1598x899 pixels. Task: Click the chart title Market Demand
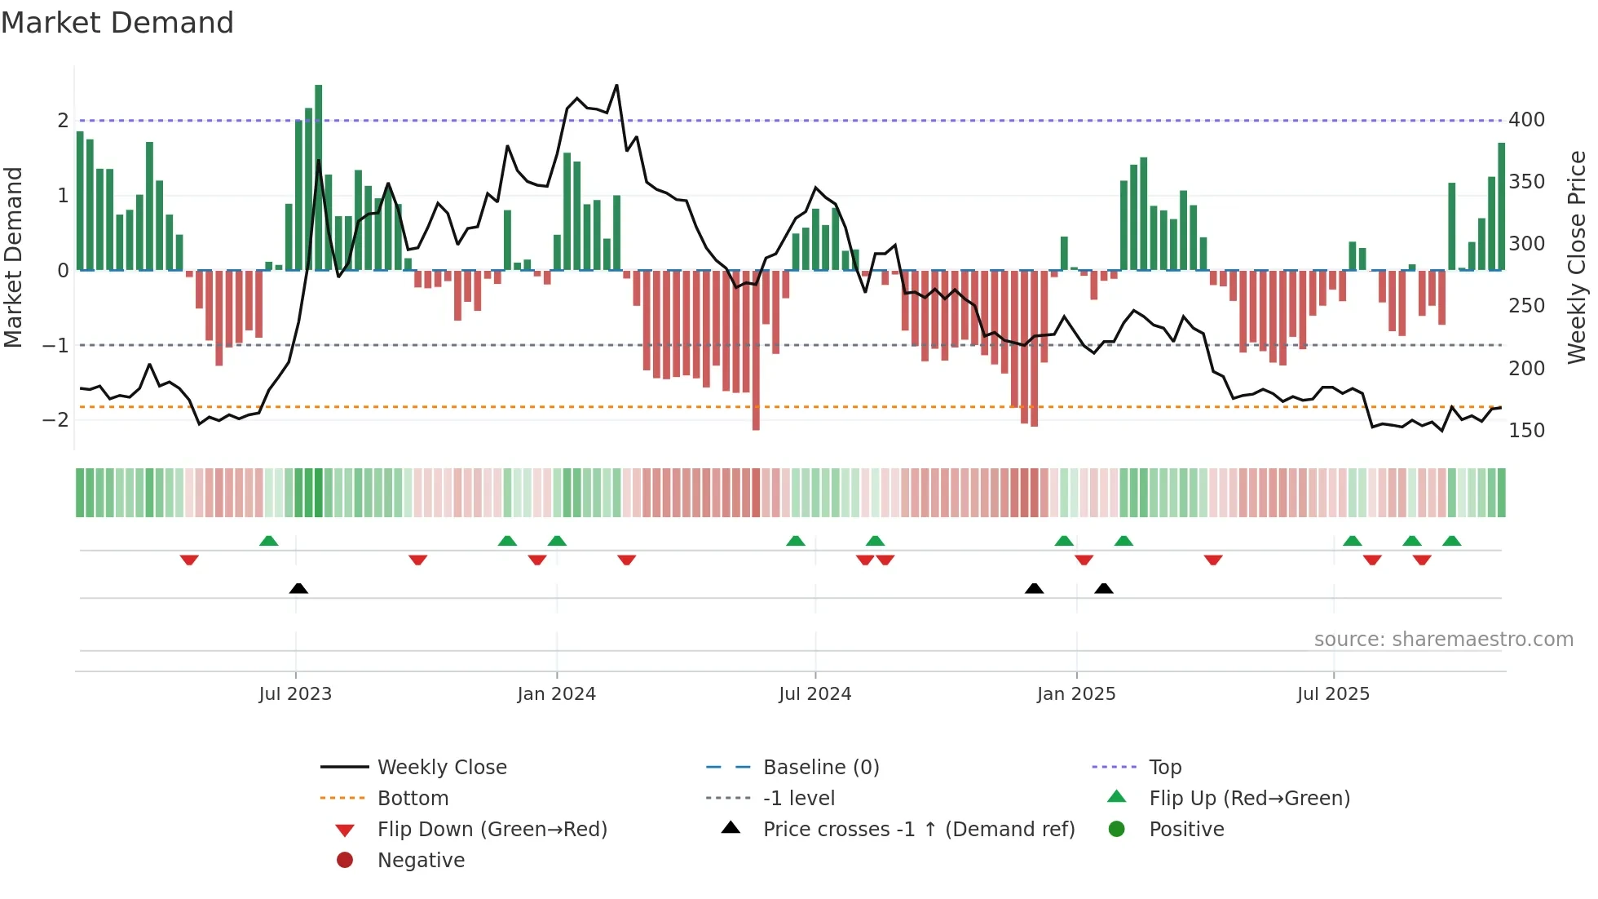pyautogui.click(x=117, y=23)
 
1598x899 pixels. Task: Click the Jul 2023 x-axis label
pyautogui.click(x=295, y=694)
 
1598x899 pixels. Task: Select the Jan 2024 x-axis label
pyautogui.click(x=556, y=694)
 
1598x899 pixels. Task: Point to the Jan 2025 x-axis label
pyautogui.click(x=1075, y=694)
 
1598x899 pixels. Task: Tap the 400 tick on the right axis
pyautogui.click(x=1526, y=120)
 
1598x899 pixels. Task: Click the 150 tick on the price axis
pyautogui.click(x=1526, y=431)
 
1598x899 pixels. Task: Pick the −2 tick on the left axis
pyautogui.click(x=55, y=420)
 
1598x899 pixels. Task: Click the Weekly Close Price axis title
pyautogui.click(x=1577, y=257)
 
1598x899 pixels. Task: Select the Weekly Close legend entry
pyautogui.click(x=441, y=768)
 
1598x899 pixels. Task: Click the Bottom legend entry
pyautogui.click(x=413, y=799)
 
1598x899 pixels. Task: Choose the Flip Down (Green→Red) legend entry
pyautogui.click(x=492, y=830)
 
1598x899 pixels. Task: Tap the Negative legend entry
pyautogui.click(x=421, y=861)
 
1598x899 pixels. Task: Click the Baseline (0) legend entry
pyautogui.click(x=820, y=768)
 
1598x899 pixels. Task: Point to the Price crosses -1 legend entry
pyautogui.click(x=918, y=830)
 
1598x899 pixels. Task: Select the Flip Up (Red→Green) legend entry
pyautogui.click(x=1249, y=799)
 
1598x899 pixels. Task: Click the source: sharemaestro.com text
pyautogui.click(x=1443, y=640)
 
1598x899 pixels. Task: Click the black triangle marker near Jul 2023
pyautogui.click(x=298, y=588)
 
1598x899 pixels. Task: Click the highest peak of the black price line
pyautogui.click(x=616, y=86)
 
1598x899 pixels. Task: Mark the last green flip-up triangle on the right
pyautogui.click(x=1451, y=541)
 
